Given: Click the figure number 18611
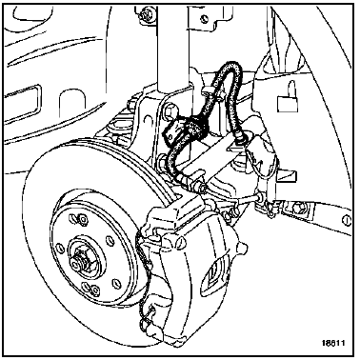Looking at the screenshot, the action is [x=333, y=343].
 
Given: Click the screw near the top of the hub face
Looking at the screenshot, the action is [x=82, y=219].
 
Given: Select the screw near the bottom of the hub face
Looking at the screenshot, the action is [x=94, y=289].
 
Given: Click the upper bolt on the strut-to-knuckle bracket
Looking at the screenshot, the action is [x=169, y=110].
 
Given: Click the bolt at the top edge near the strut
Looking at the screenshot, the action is [x=147, y=14].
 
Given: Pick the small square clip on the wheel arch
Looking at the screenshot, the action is [x=289, y=102].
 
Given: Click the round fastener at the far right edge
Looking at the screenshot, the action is [x=347, y=219].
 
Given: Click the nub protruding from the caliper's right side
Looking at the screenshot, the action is [x=243, y=248].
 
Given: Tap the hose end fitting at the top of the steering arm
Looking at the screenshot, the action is [x=239, y=140].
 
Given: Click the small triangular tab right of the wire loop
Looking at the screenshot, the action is [x=288, y=175].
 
